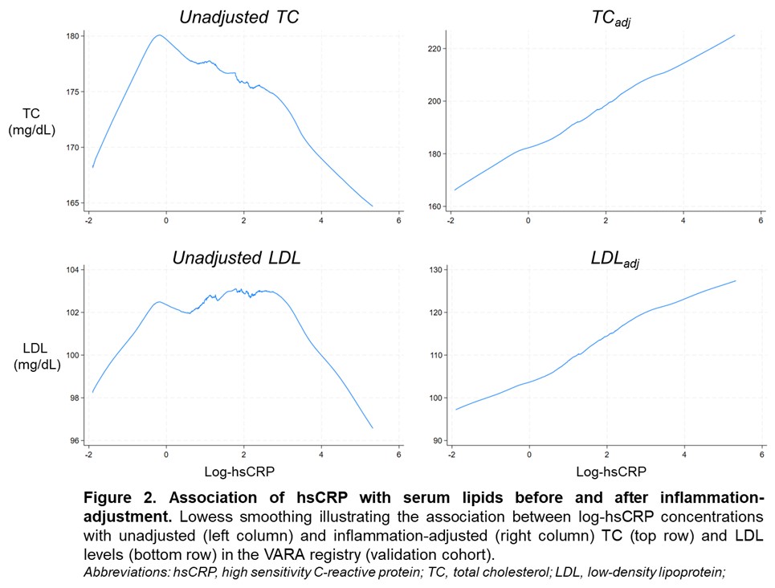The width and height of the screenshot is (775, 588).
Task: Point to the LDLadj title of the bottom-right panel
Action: [x=609, y=259]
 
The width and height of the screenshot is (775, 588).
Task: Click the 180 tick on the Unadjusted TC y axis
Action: [x=72, y=36]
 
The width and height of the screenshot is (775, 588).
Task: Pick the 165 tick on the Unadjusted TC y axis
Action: [x=72, y=202]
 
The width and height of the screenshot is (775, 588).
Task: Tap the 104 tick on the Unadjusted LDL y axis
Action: [x=72, y=270]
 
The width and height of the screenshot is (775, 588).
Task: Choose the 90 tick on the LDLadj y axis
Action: [x=435, y=441]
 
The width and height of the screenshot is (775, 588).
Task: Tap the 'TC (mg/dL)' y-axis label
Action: [x=31, y=121]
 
